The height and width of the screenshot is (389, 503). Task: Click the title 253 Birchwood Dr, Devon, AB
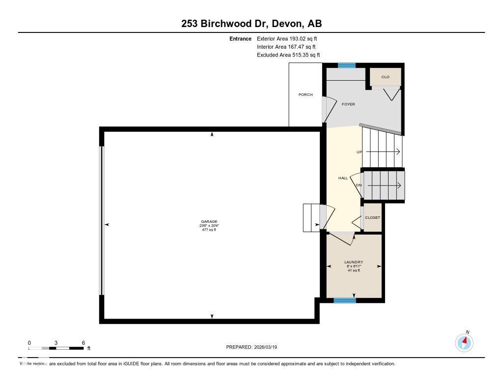(251, 23)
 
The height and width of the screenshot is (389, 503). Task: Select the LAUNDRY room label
(354, 262)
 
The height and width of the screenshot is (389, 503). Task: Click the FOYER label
(348, 104)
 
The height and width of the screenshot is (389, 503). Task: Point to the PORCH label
(306, 94)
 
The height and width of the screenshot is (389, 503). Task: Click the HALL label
(343, 178)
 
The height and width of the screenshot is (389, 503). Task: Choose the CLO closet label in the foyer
(386, 77)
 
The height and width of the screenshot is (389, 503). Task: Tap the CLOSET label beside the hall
(372, 217)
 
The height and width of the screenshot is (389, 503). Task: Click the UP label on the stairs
(359, 152)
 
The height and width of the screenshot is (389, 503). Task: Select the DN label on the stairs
(359, 185)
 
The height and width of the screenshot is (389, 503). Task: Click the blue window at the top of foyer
(346, 65)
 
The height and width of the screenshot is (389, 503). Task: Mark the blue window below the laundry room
(344, 300)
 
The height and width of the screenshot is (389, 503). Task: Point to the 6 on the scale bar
(84, 343)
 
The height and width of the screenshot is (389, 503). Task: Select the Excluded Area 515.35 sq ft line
(292, 55)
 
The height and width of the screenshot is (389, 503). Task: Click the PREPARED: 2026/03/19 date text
(255, 347)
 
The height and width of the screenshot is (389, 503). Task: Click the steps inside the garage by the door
(310, 217)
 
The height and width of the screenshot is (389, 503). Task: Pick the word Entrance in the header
(240, 38)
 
